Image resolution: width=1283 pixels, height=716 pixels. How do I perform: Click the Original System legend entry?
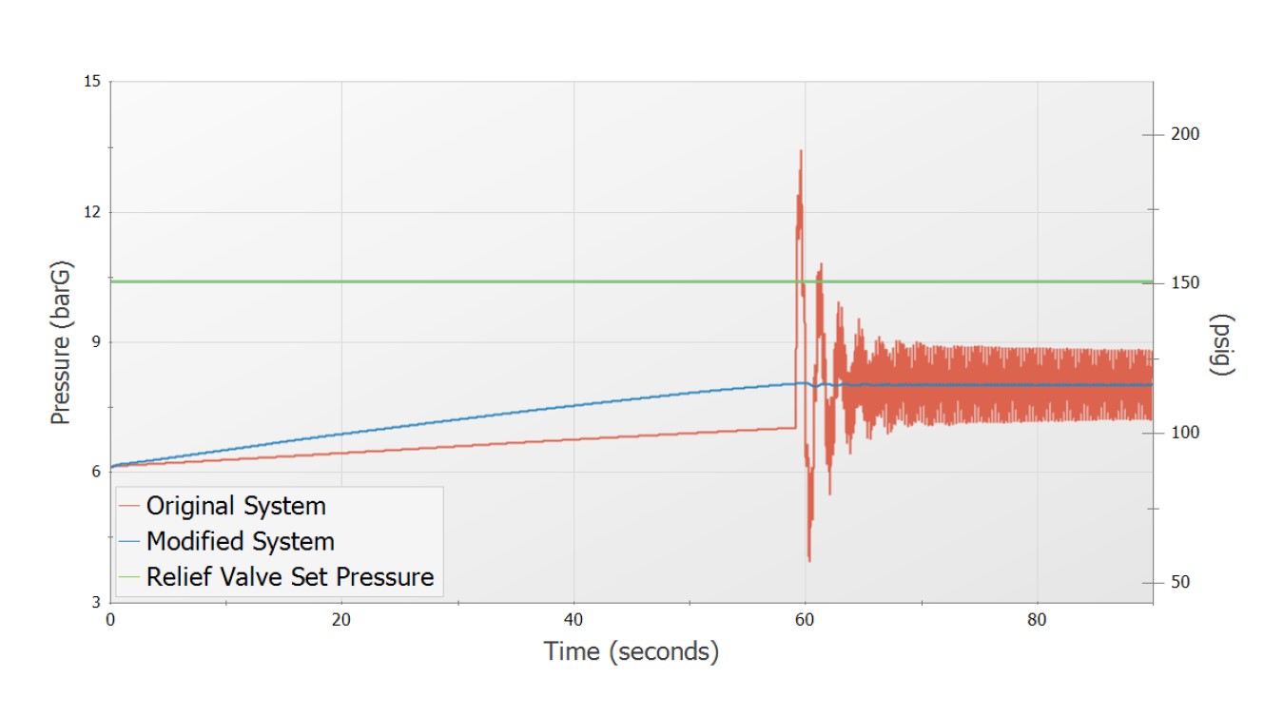point(235,506)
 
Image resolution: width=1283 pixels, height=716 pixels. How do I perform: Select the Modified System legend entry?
point(240,541)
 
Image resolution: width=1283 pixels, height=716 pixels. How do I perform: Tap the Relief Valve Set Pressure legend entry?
point(289,576)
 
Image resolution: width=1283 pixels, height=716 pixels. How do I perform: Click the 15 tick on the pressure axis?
point(92,82)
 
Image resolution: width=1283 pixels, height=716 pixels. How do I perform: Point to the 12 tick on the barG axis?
point(92,212)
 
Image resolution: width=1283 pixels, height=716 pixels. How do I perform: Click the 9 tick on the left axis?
point(96,342)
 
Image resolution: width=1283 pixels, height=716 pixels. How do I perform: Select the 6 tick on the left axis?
point(96,473)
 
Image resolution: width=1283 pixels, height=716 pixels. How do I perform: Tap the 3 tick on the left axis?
point(96,602)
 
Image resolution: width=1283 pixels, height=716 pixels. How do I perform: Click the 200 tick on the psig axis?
point(1185,134)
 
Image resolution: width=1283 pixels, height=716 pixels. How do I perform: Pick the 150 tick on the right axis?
point(1185,283)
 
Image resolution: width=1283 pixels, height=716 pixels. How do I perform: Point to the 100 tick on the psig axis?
point(1185,433)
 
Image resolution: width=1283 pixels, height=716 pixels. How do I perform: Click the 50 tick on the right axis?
point(1180,582)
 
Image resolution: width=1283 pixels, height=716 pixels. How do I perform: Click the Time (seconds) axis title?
point(631,652)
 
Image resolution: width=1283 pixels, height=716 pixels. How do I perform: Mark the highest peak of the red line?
point(801,150)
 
